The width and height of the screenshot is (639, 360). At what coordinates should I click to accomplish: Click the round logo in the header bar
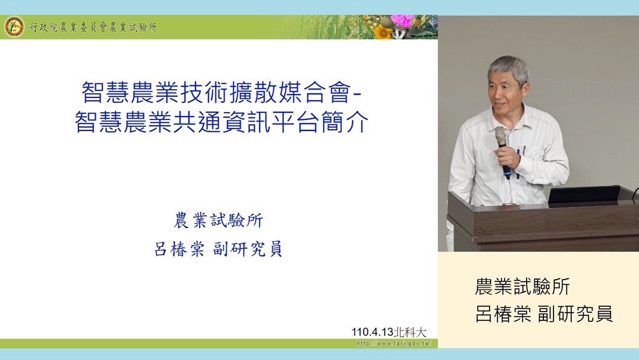(15, 27)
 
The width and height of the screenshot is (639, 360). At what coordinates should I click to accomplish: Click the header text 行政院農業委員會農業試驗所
(94, 27)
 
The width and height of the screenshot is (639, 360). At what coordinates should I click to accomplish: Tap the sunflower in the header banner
(383, 32)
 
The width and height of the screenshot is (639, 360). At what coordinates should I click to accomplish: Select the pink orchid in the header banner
(402, 20)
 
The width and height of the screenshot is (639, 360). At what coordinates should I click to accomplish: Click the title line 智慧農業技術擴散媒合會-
(222, 92)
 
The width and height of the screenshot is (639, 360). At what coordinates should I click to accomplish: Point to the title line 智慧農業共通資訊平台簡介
(222, 121)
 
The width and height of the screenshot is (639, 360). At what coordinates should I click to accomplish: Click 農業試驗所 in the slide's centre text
(218, 220)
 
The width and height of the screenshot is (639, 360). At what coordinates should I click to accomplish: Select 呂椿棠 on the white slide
(180, 249)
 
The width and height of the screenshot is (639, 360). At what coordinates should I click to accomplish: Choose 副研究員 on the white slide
(248, 249)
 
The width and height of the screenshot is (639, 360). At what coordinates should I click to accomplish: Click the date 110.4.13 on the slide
(372, 332)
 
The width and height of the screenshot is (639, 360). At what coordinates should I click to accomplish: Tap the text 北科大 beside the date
(410, 332)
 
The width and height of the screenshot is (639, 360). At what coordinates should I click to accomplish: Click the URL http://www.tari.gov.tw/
(394, 343)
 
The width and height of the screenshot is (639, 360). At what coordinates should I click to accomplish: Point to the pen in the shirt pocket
(523, 150)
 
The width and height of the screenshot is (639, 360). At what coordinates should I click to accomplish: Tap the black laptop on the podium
(584, 195)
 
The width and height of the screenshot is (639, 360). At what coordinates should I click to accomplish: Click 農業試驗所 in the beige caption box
(522, 286)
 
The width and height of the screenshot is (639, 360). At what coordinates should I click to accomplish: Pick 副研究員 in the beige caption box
(576, 314)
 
